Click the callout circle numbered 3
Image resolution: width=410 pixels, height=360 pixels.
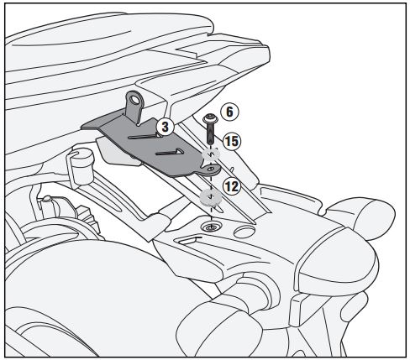(x=166, y=127)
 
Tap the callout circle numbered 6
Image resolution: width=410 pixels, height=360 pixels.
(x=229, y=112)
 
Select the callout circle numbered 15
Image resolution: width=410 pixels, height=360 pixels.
(x=232, y=141)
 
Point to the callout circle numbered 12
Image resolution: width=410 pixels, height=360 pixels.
(x=232, y=186)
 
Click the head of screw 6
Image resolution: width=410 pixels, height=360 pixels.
(x=210, y=118)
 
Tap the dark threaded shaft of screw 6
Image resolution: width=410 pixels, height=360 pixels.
(x=210, y=133)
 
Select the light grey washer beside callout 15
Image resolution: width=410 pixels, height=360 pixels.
(x=211, y=154)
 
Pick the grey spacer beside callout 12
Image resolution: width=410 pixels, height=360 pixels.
(x=211, y=197)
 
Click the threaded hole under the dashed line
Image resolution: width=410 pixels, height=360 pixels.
(x=211, y=227)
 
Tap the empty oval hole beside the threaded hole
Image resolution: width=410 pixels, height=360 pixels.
(x=244, y=232)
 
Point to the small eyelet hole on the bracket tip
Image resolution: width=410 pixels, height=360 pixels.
(x=213, y=169)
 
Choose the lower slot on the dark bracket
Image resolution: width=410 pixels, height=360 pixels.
(x=170, y=152)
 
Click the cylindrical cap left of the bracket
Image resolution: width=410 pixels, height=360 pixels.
(x=81, y=166)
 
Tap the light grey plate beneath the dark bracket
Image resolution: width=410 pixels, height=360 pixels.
(x=118, y=153)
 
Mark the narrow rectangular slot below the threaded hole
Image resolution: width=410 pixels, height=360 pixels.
(x=191, y=240)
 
